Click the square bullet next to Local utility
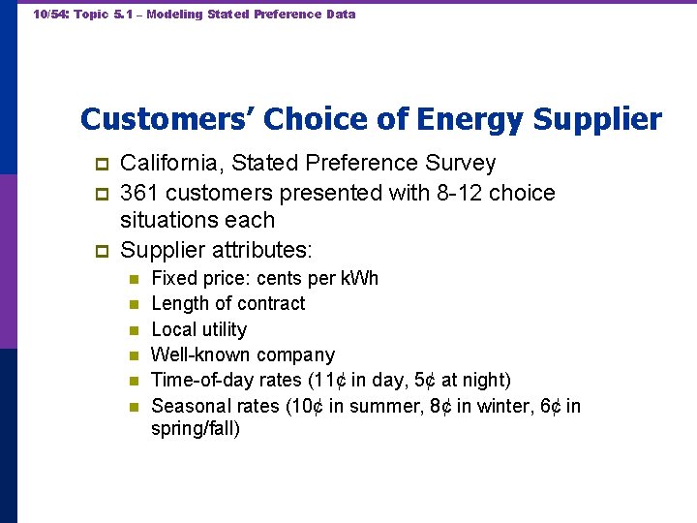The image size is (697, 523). (135, 330)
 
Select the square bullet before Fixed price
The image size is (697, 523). (135, 280)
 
